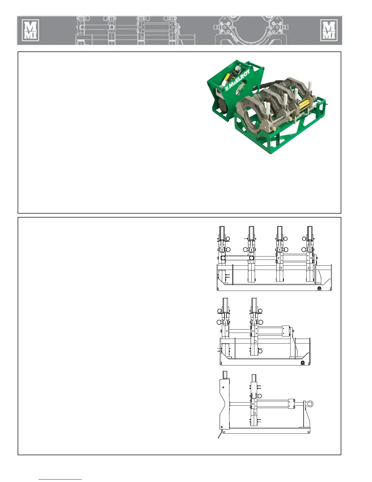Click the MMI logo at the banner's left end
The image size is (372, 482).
(x=30, y=30)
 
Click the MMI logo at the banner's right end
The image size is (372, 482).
(x=329, y=30)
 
